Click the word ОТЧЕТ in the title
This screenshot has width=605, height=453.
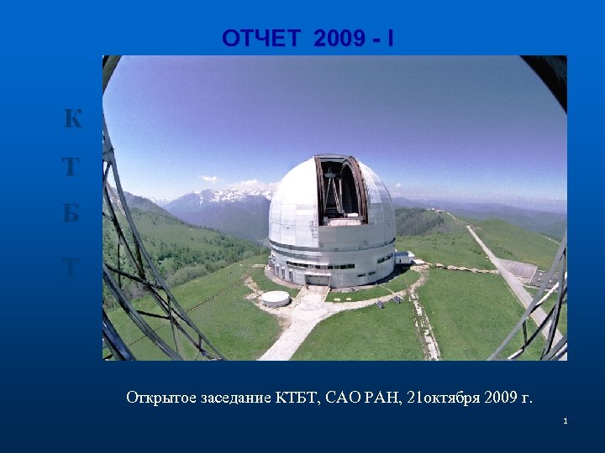click(x=261, y=39)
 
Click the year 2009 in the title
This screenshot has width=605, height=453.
click(x=341, y=39)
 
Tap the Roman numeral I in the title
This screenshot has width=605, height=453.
click(x=389, y=39)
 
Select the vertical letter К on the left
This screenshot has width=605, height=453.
click(x=73, y=120)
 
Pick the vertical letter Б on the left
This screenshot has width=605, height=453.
click(x=73, y=215)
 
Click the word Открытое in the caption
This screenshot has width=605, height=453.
click(x=159, y=397)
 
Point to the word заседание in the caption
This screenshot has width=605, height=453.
click(x=233, y=397)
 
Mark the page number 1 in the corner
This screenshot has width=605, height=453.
click(x=566, y=420)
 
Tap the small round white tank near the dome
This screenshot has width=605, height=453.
click(x=276, y=298)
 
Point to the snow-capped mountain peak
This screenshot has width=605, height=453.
click(x=220, y=196)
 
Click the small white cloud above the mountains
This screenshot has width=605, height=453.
click(x=208, y=179)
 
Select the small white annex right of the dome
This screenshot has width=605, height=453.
click(x=404, y=258)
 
